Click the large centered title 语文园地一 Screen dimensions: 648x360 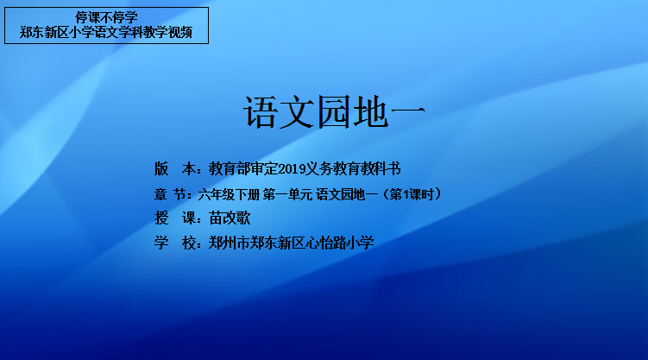[x=334, y=112]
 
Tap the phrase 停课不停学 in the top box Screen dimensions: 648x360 [x=106, y=17]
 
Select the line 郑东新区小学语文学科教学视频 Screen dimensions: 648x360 [x=106, y=32]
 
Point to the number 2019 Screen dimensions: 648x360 [x=292, y=169]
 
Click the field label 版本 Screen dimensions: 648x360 [x=175, y=168]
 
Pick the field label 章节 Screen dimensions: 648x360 [x=169, y=194]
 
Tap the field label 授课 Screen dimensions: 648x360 [x=175, y=218]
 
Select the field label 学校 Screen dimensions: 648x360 [x=175, y=243]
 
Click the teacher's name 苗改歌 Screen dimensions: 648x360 [x=230, y=218]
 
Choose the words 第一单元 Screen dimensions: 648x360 [x=287, y=194]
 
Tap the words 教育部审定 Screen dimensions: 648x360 [x=243, y=168]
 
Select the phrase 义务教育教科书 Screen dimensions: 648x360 [x=354, y=168]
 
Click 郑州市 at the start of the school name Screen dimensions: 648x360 [x=230, y=243]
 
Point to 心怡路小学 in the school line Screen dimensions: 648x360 [x=340, y=243]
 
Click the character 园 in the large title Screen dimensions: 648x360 [x=334, y=112]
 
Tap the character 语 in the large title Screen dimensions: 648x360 [x=261, y=112]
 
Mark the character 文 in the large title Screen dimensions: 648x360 [x=297, y=112]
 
